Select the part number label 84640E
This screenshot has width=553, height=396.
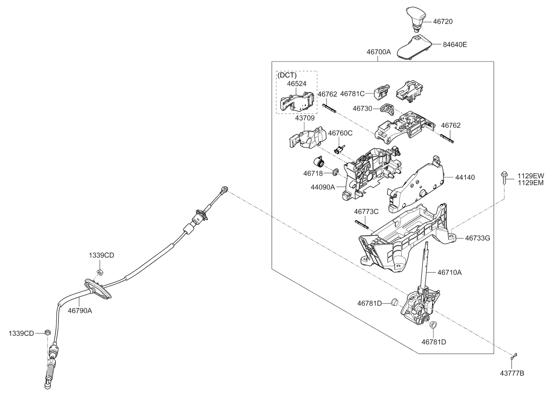coord(455,45)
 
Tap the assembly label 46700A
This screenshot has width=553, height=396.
coord(378,52)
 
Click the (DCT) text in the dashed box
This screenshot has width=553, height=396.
coord(287,75)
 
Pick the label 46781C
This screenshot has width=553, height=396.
coord(353,94)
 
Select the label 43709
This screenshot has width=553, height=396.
coord(305,119)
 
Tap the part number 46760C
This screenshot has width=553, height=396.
coord(340,133)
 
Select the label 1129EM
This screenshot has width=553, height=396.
coord(531,183)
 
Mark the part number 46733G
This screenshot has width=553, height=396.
coord(477,238)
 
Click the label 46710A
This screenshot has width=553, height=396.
coord(449,272)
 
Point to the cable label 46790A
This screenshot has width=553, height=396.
coord(80,309)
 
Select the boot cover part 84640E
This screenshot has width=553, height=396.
coord(414,47)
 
